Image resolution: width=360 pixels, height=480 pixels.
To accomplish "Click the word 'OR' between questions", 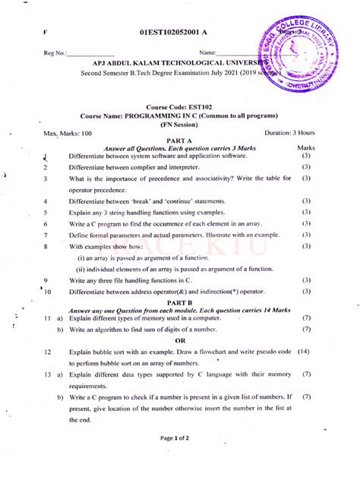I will pos(180,341).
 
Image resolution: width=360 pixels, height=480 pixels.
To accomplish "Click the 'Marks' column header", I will pos(306,148).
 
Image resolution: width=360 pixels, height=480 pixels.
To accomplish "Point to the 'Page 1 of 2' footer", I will pos(179,439).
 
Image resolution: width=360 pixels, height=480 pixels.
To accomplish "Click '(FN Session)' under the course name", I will pos(180,123).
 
